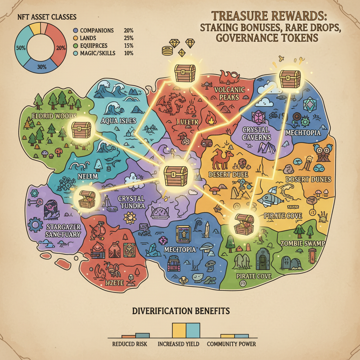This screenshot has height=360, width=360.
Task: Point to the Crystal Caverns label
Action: (x=256, y=134)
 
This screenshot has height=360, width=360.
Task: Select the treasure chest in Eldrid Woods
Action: (x=81, y=130)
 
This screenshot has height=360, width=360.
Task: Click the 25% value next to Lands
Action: (x=129, y=38)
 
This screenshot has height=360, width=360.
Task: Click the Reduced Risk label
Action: (x=129, y=344)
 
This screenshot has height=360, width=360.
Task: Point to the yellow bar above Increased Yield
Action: (x=179, y=330)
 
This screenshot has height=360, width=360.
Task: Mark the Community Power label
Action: (x=231, y=344)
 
